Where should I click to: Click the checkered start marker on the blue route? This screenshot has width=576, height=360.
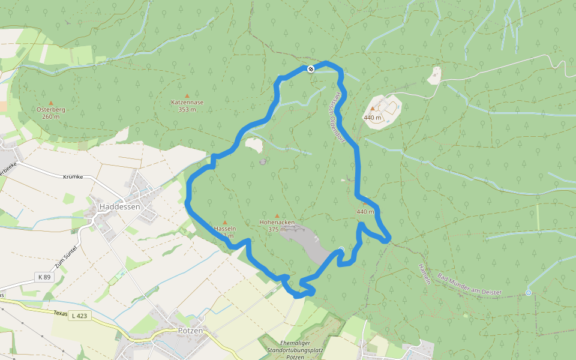311,69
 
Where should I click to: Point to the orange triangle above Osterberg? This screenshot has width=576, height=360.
50,103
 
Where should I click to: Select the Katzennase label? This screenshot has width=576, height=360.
187,102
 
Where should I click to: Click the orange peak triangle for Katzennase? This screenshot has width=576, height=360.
187,95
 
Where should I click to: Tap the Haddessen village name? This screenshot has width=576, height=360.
119,206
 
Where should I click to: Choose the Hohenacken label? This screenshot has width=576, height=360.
277,222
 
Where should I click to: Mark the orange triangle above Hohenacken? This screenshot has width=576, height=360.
277,215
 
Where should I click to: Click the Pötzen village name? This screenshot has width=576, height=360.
190,331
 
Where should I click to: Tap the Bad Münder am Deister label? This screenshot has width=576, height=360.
469,286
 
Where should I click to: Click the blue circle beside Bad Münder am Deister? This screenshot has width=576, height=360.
528,292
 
